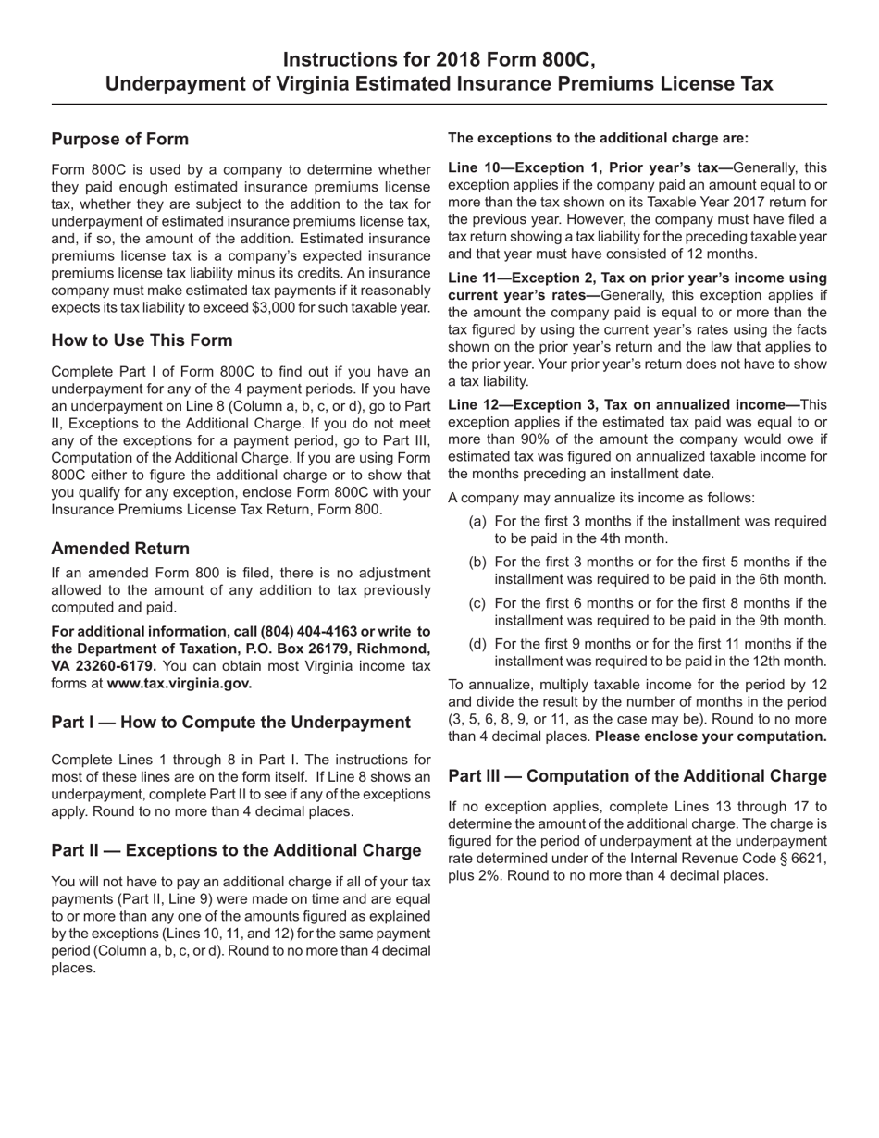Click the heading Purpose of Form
[120, 139]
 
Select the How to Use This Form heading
[142, 340]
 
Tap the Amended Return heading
[120, 548]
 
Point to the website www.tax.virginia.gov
[179, 684]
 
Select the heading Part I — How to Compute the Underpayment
[230, 722]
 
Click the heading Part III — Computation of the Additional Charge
[637, 775]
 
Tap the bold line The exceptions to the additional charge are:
[598, 138]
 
